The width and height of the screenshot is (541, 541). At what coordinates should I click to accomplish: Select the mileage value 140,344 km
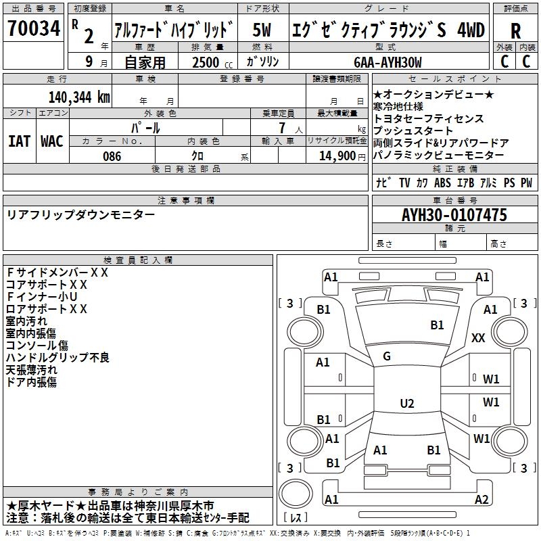pyautogui.click(x=78, y=97)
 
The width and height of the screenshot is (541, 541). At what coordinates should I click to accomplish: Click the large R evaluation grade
pyautogui.click(x=515, y=30)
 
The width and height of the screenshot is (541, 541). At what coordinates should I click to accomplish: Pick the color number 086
pyautogui.click(x=112, y=156)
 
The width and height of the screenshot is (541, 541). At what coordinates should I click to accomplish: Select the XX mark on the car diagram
pyautogui.click(x=478, y=337)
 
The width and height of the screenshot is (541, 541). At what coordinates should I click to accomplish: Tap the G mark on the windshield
pyautogui.click(x=387, y=356)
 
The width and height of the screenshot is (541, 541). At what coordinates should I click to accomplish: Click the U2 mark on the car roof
pyautogui.click(x=406, y=404)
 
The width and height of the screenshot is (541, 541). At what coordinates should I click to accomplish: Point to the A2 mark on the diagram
pyautogui.click(x=481, y=500)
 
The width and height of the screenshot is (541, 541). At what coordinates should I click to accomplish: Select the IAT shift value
pyautogui.click(x=19, y=141)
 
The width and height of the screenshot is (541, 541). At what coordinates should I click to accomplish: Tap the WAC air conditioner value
pyautogui.click(x=52, y=141)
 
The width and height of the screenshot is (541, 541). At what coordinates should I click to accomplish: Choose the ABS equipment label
pyautogui.click(x=443, y=183)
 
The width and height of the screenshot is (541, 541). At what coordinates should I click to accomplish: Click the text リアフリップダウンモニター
pyautogui.click(x=80, y=215)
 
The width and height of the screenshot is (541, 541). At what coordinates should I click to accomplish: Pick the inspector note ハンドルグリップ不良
pyautogui.click(x=57, y=357)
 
